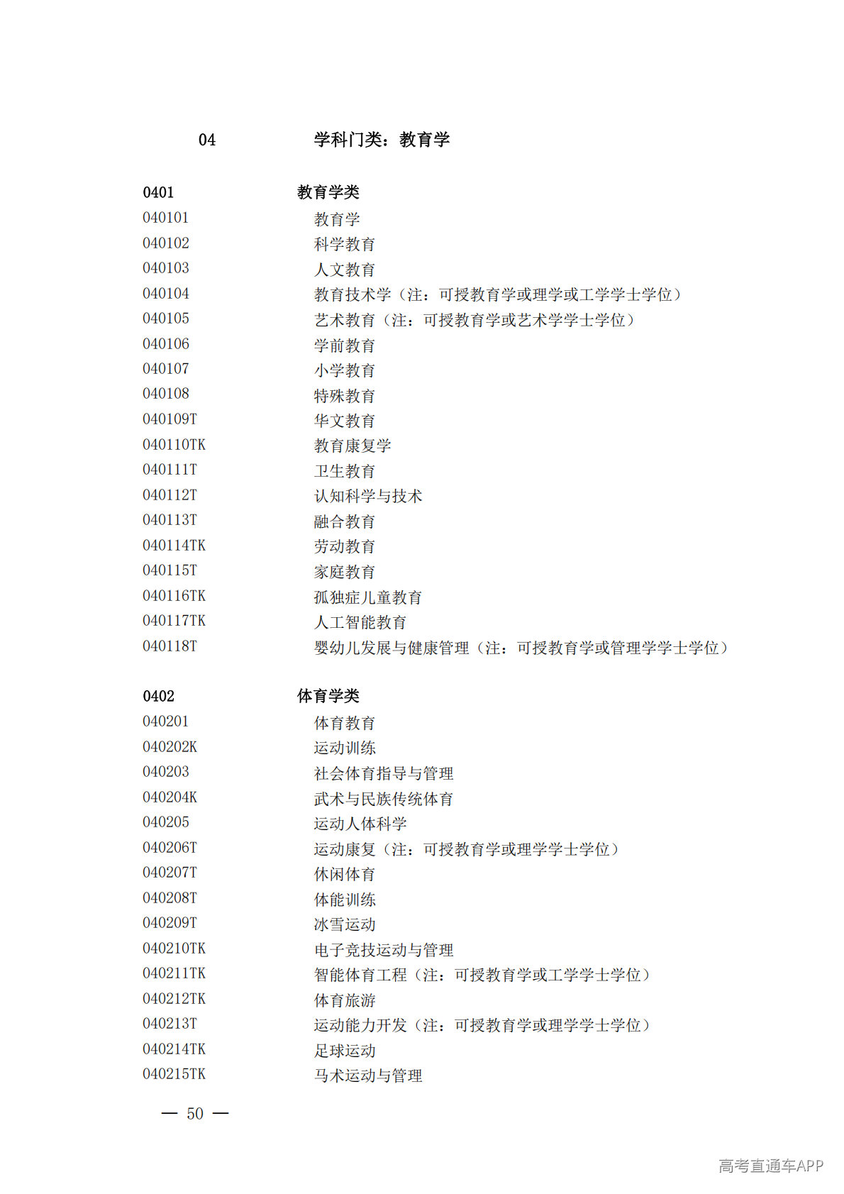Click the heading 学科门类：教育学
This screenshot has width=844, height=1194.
tap(382, 140)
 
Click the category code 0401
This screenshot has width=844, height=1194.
tap(158, 192)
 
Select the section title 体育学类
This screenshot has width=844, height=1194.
tap(328, 696)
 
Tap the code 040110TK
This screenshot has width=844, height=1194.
tap(174, 445)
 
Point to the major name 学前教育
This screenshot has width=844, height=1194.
tap(344, 346)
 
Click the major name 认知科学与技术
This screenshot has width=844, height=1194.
tap(367, 496)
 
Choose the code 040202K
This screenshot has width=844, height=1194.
tap(170, 747)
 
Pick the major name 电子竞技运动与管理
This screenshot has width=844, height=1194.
tap(383, 950)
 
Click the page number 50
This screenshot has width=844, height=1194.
tap(195, 1114)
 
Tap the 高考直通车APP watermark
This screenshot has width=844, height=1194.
tap(770, 1166)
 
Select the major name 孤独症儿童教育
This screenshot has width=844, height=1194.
tap(367, 597)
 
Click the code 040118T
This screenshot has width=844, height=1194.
tap(170, 646)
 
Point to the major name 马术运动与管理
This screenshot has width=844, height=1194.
tap(367, 1076)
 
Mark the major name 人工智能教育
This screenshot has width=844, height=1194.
tap(360, 622)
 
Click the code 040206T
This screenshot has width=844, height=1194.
tap(170, 848)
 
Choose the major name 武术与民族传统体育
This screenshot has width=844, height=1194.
tap(383, 799)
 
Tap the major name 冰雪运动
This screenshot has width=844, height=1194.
tap(344, 924)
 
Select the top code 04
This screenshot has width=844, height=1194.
tap(206, 140)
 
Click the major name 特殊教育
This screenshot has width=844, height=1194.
tap(344, 396)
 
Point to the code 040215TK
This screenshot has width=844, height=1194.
tap(174, 1074)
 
